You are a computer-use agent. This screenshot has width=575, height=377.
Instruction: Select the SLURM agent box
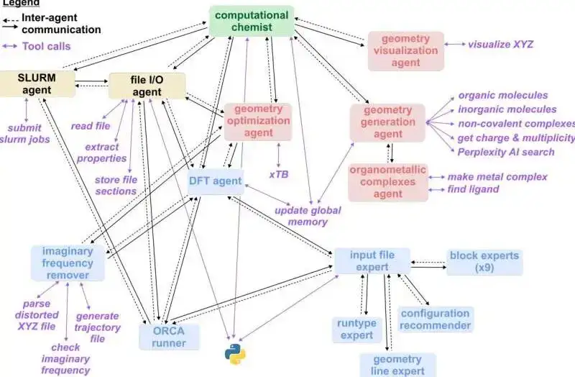tap(37, 83)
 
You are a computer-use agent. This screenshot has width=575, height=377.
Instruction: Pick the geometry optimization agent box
tap(258, 120)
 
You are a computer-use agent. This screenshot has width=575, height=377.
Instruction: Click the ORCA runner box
tap(168, 337)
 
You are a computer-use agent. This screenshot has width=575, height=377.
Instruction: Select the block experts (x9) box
tap(484, 262)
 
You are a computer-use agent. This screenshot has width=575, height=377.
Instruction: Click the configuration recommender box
tap(436, 319)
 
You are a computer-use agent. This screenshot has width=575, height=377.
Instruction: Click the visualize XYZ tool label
tap(500, 45)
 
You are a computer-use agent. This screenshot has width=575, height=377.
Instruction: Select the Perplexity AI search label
tap(506, 152)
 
